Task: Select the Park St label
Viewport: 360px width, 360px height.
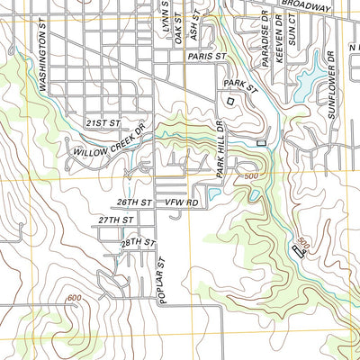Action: pyautogui.click(x=240, y=84)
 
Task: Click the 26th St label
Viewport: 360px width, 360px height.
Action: pyautogui.click(x=132, y=202)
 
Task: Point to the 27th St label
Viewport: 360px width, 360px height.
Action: pyautogui.click(x=116, y=220)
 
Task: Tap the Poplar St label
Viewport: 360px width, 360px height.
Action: pyautogui.click(x=163, y=282)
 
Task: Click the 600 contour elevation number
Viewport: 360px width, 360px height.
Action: pyautogui.click(x=74, y=298)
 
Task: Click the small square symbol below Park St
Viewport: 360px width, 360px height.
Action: pyautogui.click(x=230, y=102)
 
